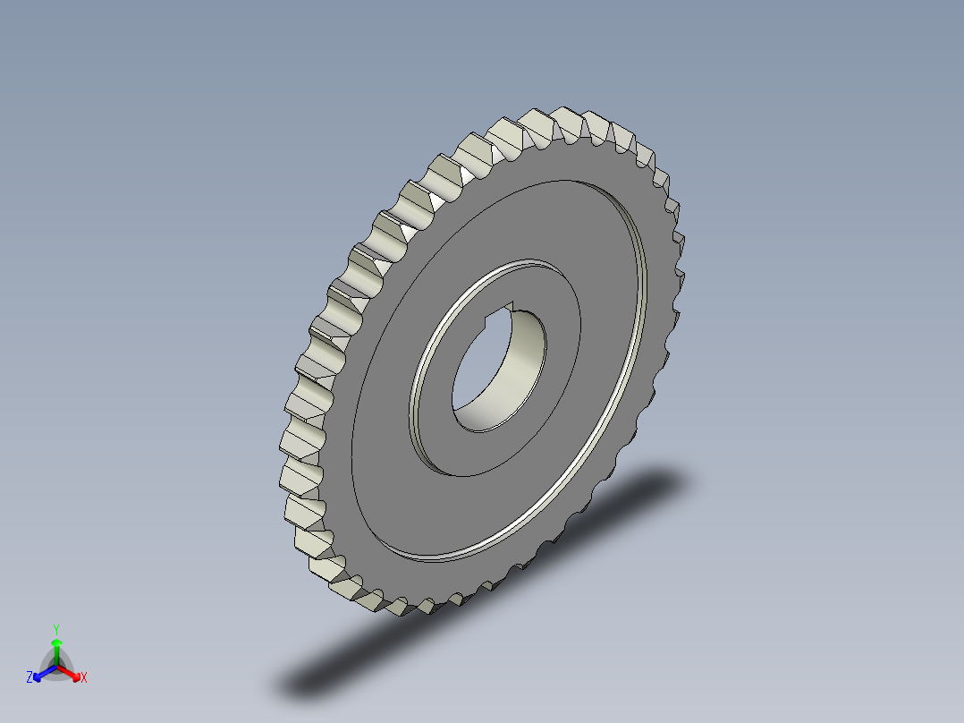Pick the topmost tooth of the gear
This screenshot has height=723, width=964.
tap(568, 122)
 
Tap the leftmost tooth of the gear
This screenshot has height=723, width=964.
tap(295, 438)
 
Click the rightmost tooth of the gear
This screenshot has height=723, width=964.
tap(677, 242)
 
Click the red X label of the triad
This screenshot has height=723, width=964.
tap(83, 678)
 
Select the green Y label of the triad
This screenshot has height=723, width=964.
tap(56, 628)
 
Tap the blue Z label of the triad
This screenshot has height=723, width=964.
tap(30, 678)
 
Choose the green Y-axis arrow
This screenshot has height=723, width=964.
tap(56, 651)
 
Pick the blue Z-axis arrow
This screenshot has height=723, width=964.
tap(42, 673)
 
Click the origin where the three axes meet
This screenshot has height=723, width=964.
tap(56, 667)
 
